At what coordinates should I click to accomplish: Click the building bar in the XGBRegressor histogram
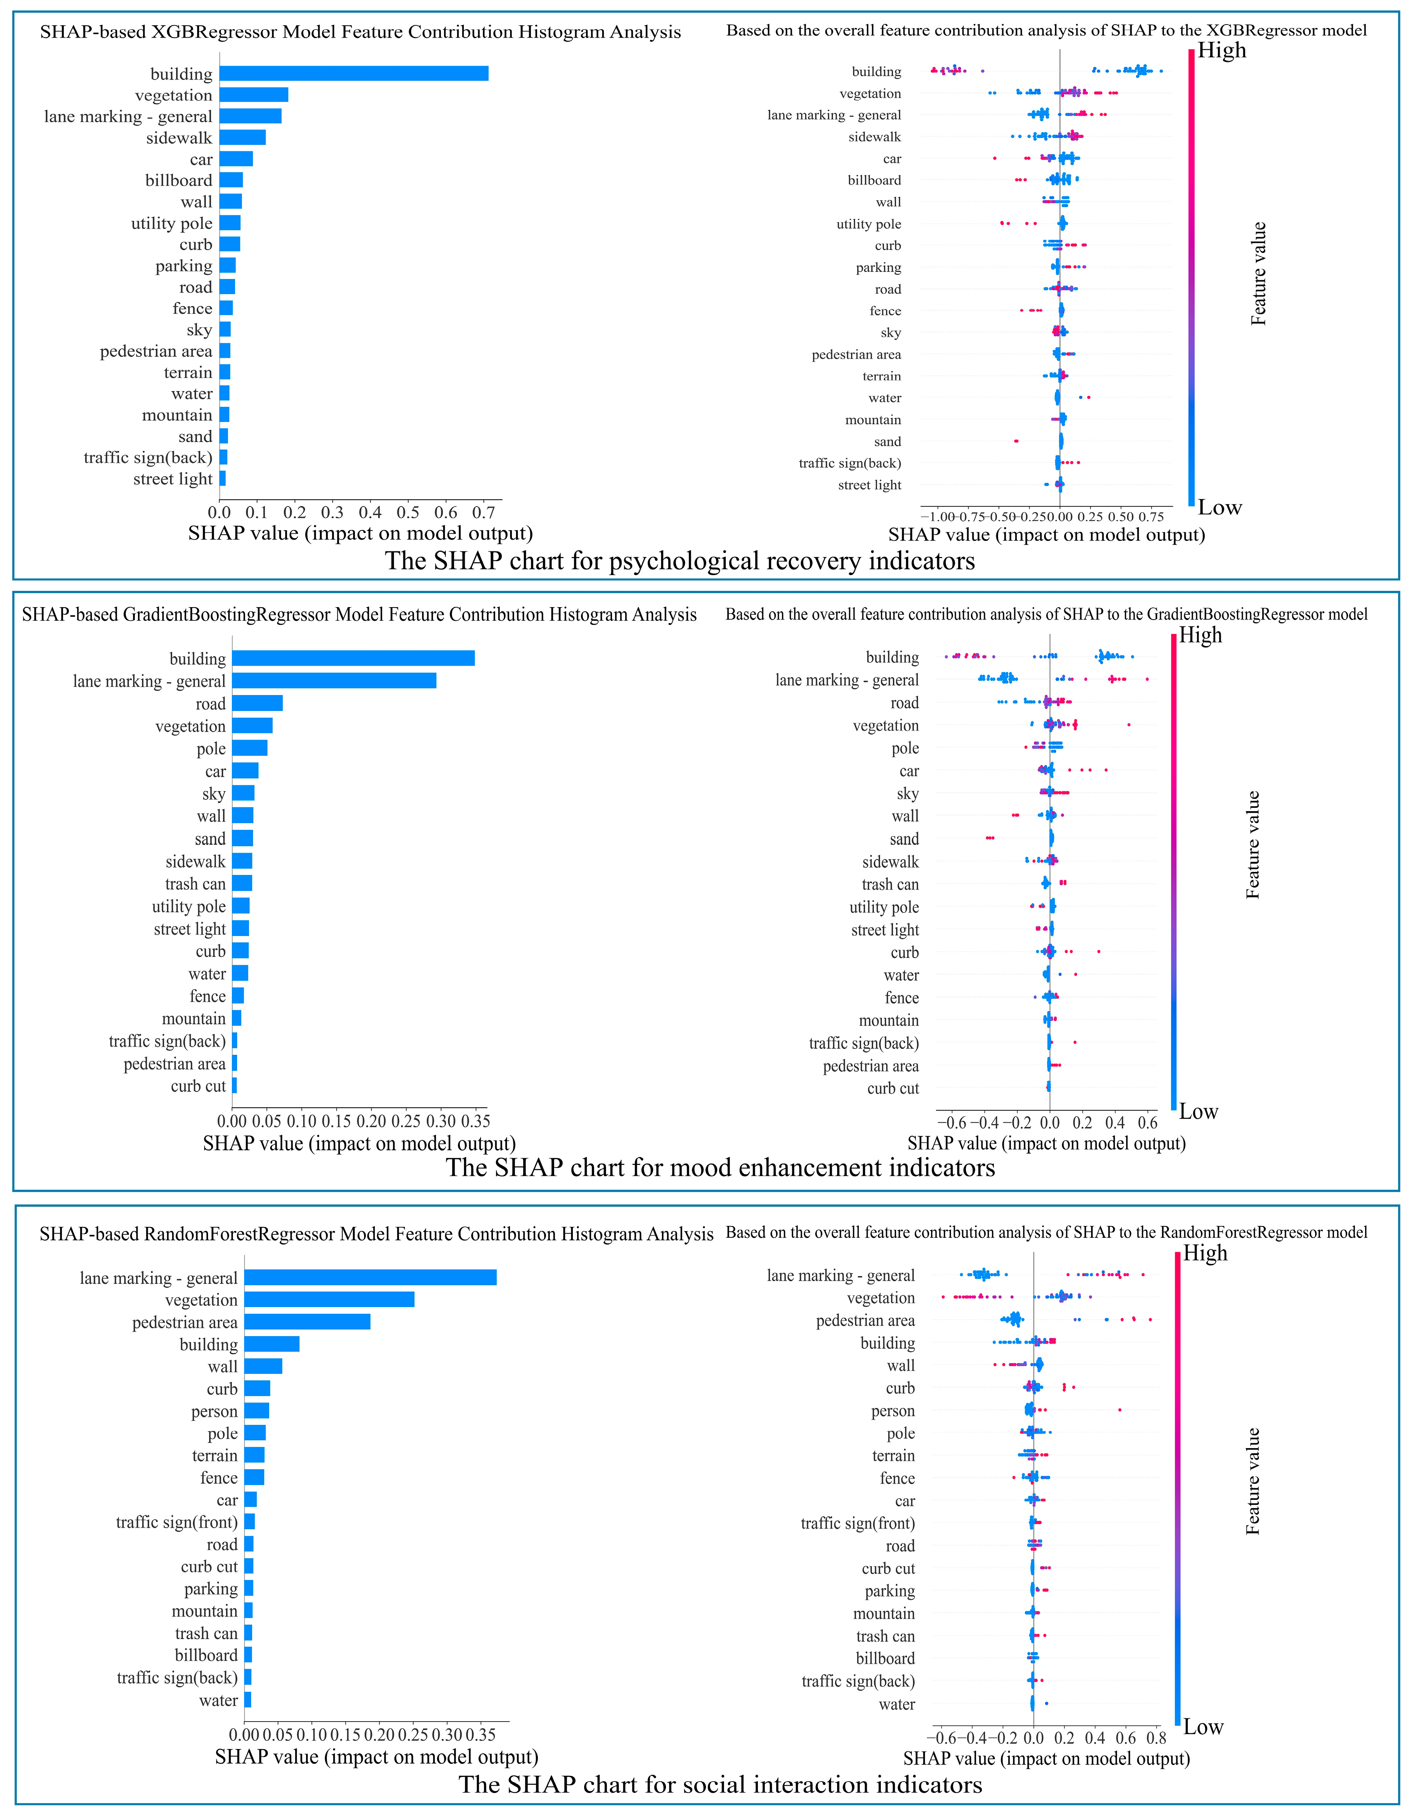(x=354, y=73)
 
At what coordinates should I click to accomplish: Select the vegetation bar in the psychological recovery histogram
(x=254, y=95)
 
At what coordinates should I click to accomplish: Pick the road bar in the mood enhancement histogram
(x=257, y=703)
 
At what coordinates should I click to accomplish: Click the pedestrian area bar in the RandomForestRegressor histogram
(x=307, y=1322)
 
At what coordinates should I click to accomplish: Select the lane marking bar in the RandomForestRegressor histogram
(x=370, y=1277)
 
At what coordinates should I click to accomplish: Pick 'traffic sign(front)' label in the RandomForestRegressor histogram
(x=177, y=1522)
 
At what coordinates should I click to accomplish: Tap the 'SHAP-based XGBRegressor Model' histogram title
(x=360, y=32)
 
